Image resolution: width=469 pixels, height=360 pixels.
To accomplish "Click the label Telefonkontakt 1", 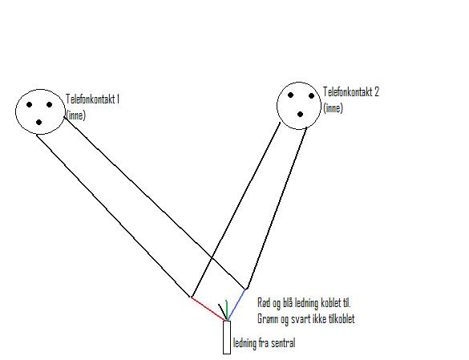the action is coord(93,99).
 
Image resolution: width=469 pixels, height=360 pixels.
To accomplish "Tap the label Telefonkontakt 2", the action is coord(351,91).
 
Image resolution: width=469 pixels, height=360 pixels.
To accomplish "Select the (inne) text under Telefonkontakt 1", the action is coord(75,115).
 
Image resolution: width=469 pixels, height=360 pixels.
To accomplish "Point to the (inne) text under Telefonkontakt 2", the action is coord(333,108).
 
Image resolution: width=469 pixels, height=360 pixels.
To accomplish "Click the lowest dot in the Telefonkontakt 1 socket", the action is coord(39,123).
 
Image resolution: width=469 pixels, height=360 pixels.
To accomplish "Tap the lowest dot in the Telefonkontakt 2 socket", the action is coord(301,115).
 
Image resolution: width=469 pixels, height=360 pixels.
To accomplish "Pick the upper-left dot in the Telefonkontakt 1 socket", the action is coord(29,104).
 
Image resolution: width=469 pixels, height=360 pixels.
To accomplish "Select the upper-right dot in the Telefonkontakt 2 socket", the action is coord(311,95).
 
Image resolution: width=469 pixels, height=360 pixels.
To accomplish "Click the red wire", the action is coord(208,309).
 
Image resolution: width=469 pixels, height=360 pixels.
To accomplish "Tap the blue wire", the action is coord(237,305).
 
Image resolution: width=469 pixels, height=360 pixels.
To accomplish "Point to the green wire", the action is coord(227,310).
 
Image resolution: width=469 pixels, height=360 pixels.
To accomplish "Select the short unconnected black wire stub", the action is coord(222,312).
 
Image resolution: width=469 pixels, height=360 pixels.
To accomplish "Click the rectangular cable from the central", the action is coord(227,338).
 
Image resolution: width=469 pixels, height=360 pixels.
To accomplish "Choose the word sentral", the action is coord(284,343).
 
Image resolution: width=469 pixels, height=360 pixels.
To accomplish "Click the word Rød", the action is coord(264,303).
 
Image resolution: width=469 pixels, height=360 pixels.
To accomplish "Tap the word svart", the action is coord(301,319).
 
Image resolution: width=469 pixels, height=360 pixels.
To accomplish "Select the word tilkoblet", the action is coord(341,318).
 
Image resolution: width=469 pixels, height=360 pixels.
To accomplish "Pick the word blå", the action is coord(286,303).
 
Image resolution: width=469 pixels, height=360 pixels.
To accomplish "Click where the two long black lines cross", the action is coord(212,257).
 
